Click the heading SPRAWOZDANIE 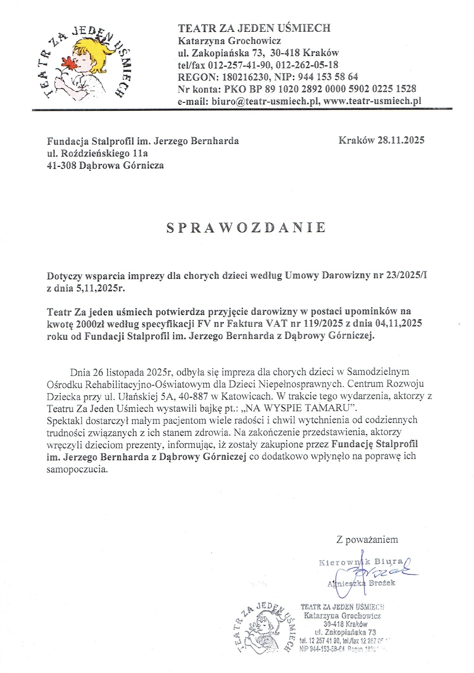pyautogui.click(x=246, y=228)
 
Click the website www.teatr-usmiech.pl pyautogui.click(x=372, y=101)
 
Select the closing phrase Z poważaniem pyautogui.click(x=367, y=539)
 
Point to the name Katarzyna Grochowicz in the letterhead pyautogui.click(x=229, y=41)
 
